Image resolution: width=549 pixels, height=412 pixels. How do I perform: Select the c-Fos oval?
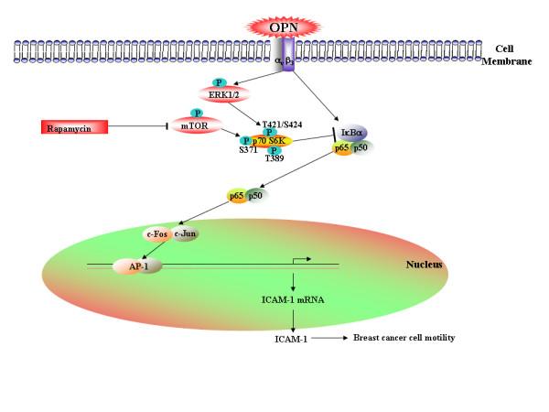point(158,234)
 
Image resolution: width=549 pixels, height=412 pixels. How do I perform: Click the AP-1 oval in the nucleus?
point(131,267)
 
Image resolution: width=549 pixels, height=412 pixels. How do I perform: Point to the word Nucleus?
point(425,265)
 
